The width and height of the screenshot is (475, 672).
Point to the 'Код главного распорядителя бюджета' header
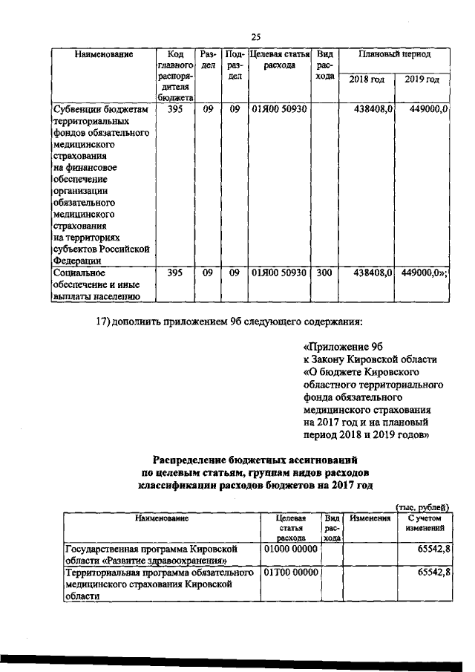point(175,76)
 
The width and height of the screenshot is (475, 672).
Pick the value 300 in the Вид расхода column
point(324,273)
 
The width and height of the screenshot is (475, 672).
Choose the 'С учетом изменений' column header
point(424,523)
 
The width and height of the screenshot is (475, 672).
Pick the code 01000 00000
point(291,548)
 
